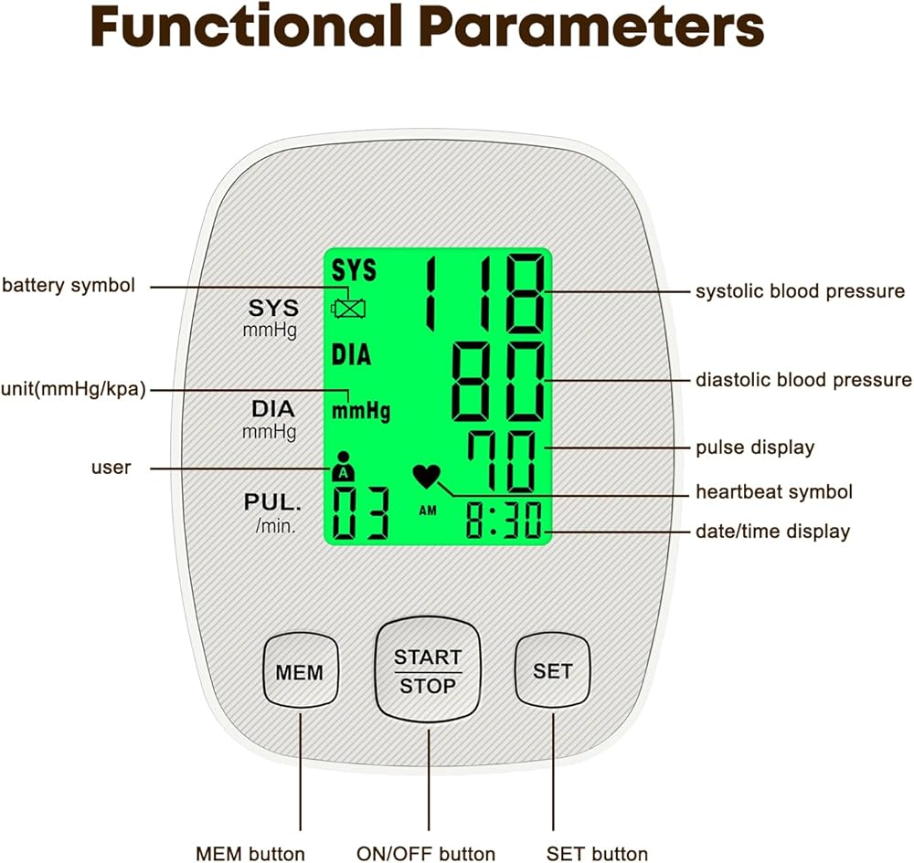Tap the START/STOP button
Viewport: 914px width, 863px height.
(428, 670)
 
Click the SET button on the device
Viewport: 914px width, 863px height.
(553, 670)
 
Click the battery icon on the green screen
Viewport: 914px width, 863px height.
(348, 308)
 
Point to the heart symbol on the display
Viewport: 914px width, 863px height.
(427, 477)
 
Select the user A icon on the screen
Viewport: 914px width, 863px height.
(344, 467)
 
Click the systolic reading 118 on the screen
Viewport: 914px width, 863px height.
(486, 293)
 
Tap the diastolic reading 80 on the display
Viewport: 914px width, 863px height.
(498, 382)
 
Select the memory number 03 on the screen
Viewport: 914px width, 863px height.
(360, 513)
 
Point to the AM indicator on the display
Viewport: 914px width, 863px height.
(428, 510)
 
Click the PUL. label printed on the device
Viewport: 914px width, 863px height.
(272, 502)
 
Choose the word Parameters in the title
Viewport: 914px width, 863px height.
(591, 26)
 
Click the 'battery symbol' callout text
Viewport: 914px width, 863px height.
(69, 285)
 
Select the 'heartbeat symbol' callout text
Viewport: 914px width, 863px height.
(774, 492)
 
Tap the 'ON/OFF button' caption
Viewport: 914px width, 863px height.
(426, 854)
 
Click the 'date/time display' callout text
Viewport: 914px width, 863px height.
(773, 531)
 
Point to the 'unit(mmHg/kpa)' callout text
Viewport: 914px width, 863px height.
(73, 389)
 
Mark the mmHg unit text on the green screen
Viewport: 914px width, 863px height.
(361, 411)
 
